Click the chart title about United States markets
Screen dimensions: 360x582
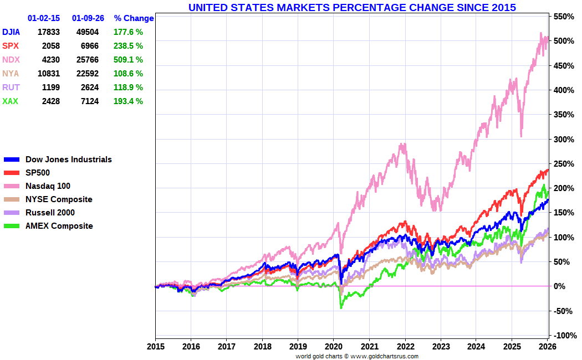tap(352, 8)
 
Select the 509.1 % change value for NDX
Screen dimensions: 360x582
tap(128, 60)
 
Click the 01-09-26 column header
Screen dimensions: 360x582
tap(88, 18)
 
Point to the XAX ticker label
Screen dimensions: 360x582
tap(11, 101)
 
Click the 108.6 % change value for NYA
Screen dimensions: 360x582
tap(128, 74)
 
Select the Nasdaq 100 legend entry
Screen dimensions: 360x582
tap(48, 186)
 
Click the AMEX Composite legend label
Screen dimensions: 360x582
tap(59, 226)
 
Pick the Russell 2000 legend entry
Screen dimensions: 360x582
tap(50, 213)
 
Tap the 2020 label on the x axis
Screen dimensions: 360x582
tap(334, 347)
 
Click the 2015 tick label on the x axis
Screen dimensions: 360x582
tap(155, 347)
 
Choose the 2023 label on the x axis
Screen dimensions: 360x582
tap(441, 347)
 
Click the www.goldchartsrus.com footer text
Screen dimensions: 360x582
tap(385, 356)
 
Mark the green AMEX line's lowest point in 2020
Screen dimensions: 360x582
tap(341, 307)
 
